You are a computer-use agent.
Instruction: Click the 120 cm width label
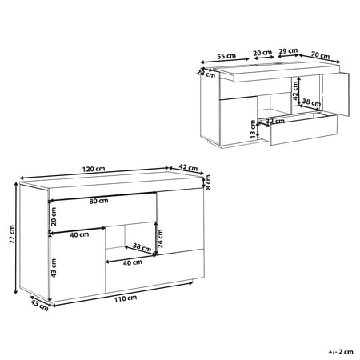94,169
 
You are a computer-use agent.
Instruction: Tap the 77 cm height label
12,234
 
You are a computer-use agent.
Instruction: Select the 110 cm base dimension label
126,298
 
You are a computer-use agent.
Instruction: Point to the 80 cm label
98,201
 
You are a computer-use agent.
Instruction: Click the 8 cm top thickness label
208,182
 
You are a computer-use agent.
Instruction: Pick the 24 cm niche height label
160,238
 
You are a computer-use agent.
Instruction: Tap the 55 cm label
226,56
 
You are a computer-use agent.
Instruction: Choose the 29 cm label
288,50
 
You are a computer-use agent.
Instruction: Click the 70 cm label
320,55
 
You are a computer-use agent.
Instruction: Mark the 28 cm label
206,74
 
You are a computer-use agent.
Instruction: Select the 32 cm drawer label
275,121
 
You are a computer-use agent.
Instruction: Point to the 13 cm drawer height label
253,129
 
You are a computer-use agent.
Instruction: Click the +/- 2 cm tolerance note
341,352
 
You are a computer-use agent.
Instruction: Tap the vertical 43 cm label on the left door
54,268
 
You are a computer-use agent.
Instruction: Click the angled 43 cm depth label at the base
39,305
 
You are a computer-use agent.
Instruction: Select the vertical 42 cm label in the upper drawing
295,90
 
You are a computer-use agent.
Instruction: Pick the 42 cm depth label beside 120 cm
188,168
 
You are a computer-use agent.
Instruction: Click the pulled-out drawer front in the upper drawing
304,130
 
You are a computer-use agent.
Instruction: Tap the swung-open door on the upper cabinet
336,94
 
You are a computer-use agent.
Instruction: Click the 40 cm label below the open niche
133,262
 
